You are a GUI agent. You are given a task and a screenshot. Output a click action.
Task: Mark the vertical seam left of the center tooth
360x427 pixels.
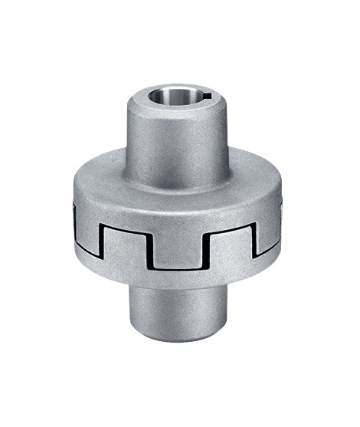(152, 249)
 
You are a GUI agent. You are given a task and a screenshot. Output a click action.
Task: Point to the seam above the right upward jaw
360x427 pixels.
(229, 228)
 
